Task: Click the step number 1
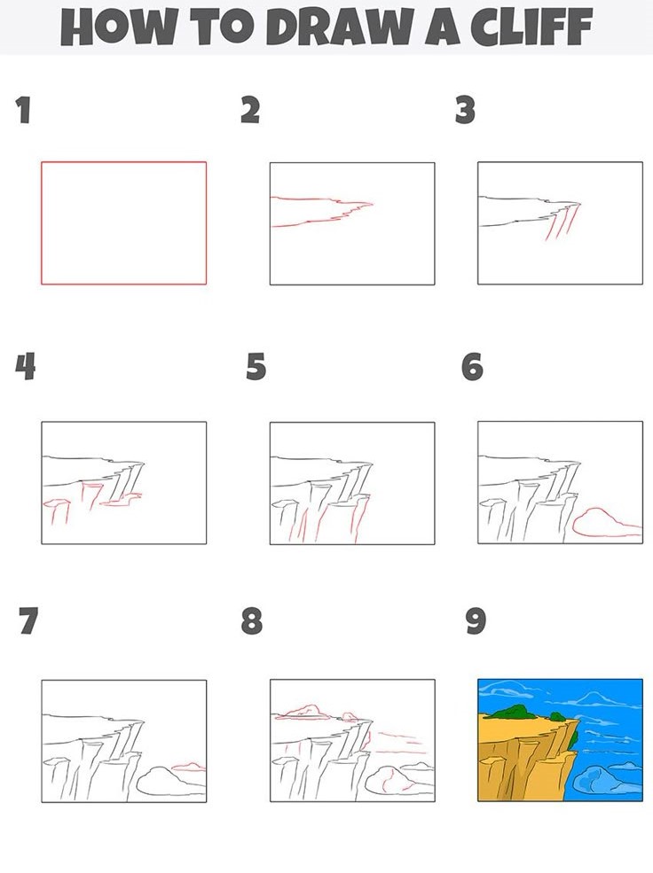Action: [x=23, y=110]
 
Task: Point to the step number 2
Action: [x=250, y=110]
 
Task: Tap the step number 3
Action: [x=465, y=110]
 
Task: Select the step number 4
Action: [x=26, y=367]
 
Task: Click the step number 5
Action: [x=256, y=368]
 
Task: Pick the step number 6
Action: [x=473, y=368]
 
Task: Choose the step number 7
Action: [x=28, y=620]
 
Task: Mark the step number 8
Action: [x=252, y=620]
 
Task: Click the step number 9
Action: [x=476, y=620]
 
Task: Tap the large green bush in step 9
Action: [x=510, y=712]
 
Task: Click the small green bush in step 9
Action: [x=557, y=716]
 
